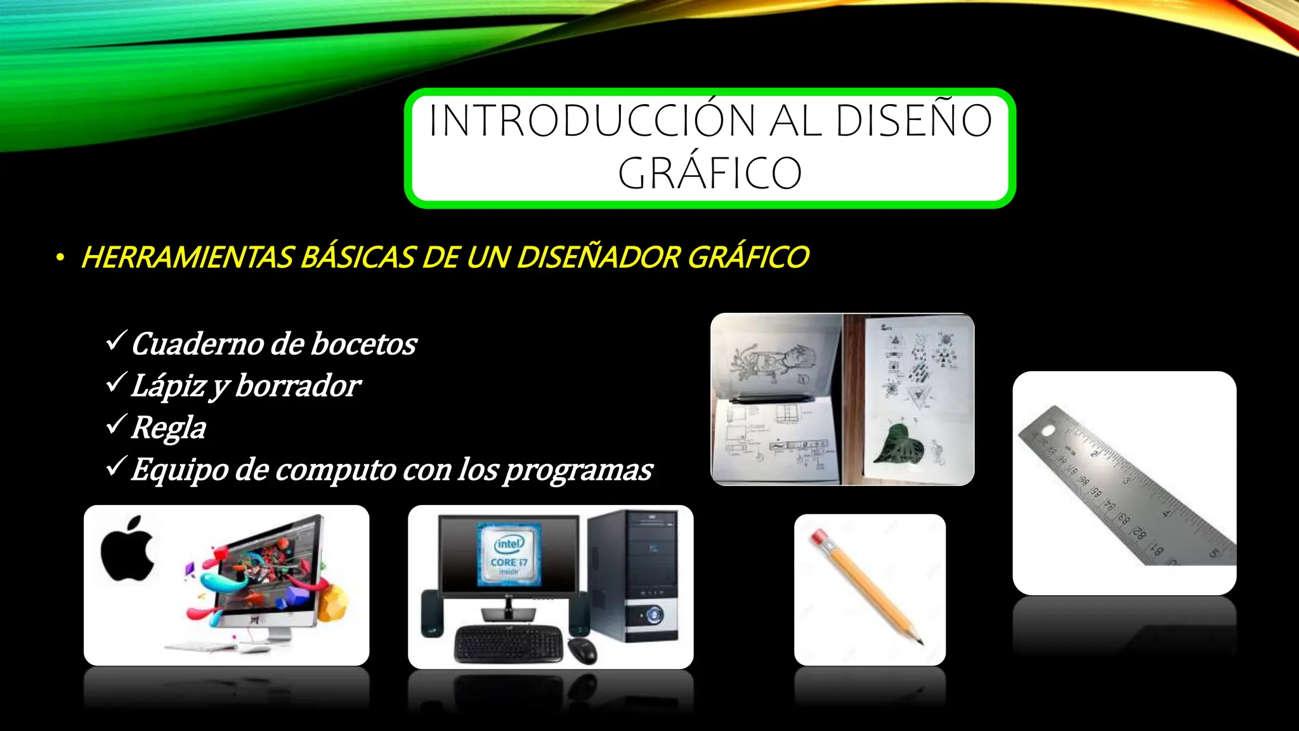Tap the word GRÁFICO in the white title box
point(710,173)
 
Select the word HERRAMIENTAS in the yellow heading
point(187,258)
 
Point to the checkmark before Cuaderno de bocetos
point(117,341)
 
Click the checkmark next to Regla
point(117,425)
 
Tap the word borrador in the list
point(297,386)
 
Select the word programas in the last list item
point(578,470)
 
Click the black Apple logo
point(127,550)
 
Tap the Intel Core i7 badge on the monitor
point(509,554)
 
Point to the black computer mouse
point(582,650)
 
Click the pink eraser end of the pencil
point(820,539)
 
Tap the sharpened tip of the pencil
point(919,641)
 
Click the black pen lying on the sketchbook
point(771,398)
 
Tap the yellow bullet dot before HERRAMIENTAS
point(60,258)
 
